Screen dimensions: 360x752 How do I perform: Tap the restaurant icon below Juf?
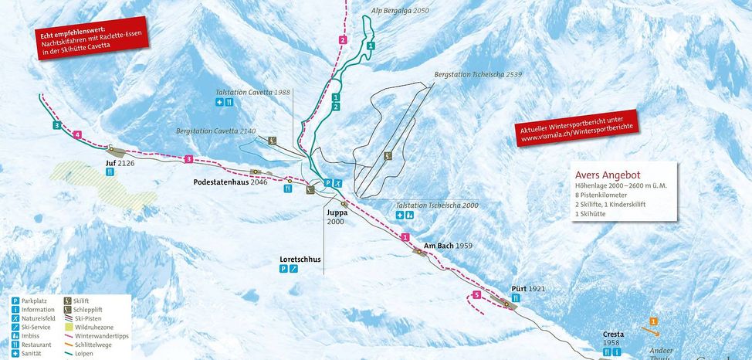[x=110, y=173]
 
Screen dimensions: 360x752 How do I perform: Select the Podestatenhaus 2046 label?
[x=230, y=182]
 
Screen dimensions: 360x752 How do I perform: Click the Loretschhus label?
[x=300, y=260]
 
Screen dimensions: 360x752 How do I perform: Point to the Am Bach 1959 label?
[x=448, y=246]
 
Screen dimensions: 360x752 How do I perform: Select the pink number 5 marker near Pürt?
[x=476, y=295]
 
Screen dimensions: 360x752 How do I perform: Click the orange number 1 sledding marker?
[x=653, y=321]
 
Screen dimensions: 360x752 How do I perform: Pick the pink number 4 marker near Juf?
[x=76, y=135]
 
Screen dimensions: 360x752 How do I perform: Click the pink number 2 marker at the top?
[x=342, y=39]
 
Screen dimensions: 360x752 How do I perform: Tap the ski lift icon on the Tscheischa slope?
[x=388, y=156]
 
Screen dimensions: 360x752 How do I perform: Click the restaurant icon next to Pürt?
[x=516, y=298]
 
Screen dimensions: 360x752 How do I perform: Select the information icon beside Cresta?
[x=607, y=352]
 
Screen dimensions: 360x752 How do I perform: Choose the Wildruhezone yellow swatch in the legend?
[x=69, y=328]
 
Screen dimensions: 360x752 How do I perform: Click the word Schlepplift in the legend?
[x=90, y=309]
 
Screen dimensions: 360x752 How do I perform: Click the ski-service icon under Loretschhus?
[x=293, y=269]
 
